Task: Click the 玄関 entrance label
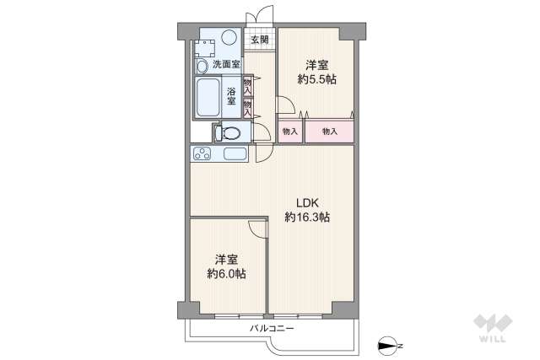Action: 259,40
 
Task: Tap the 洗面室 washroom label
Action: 226,64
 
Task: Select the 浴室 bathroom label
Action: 231,96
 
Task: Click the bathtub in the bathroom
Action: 208,98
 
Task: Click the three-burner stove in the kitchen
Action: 202,153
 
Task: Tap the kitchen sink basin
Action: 235,153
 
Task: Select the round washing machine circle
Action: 229,37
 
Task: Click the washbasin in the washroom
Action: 202,66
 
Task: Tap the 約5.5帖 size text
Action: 317,79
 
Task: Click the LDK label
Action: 307,202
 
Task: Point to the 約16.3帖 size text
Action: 307,218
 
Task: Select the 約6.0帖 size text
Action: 226,274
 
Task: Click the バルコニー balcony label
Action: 272,328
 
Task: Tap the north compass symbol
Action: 388,346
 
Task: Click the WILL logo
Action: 493,328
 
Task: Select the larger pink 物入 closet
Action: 329,132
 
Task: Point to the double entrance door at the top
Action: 260,17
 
